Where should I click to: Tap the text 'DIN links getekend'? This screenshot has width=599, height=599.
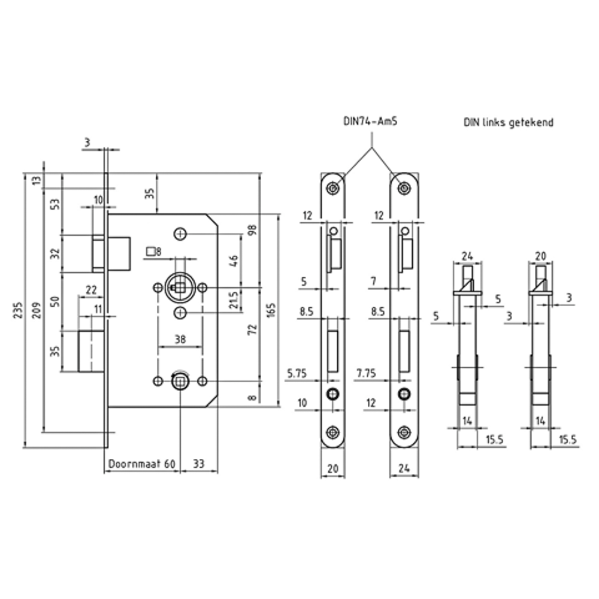(x=508, y=122)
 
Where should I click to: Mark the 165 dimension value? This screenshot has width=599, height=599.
(x=270, y=310)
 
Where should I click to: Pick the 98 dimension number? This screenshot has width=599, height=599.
(x=252, y=230)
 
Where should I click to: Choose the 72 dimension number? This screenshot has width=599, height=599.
(x=252, y=329)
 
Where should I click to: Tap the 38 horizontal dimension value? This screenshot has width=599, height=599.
(x=180, y=338)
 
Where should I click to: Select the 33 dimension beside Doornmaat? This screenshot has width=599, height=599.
(x=199, y=464)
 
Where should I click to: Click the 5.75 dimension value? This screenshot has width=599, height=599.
(x=298, y=374)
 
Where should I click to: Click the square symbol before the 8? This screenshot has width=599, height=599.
(x=150, y=251)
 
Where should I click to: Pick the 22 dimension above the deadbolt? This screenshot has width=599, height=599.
(x=91, y=290)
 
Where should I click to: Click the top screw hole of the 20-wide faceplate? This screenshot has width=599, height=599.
(x=333, y=188)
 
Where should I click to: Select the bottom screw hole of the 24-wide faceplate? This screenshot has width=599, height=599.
(x=405, y=431)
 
